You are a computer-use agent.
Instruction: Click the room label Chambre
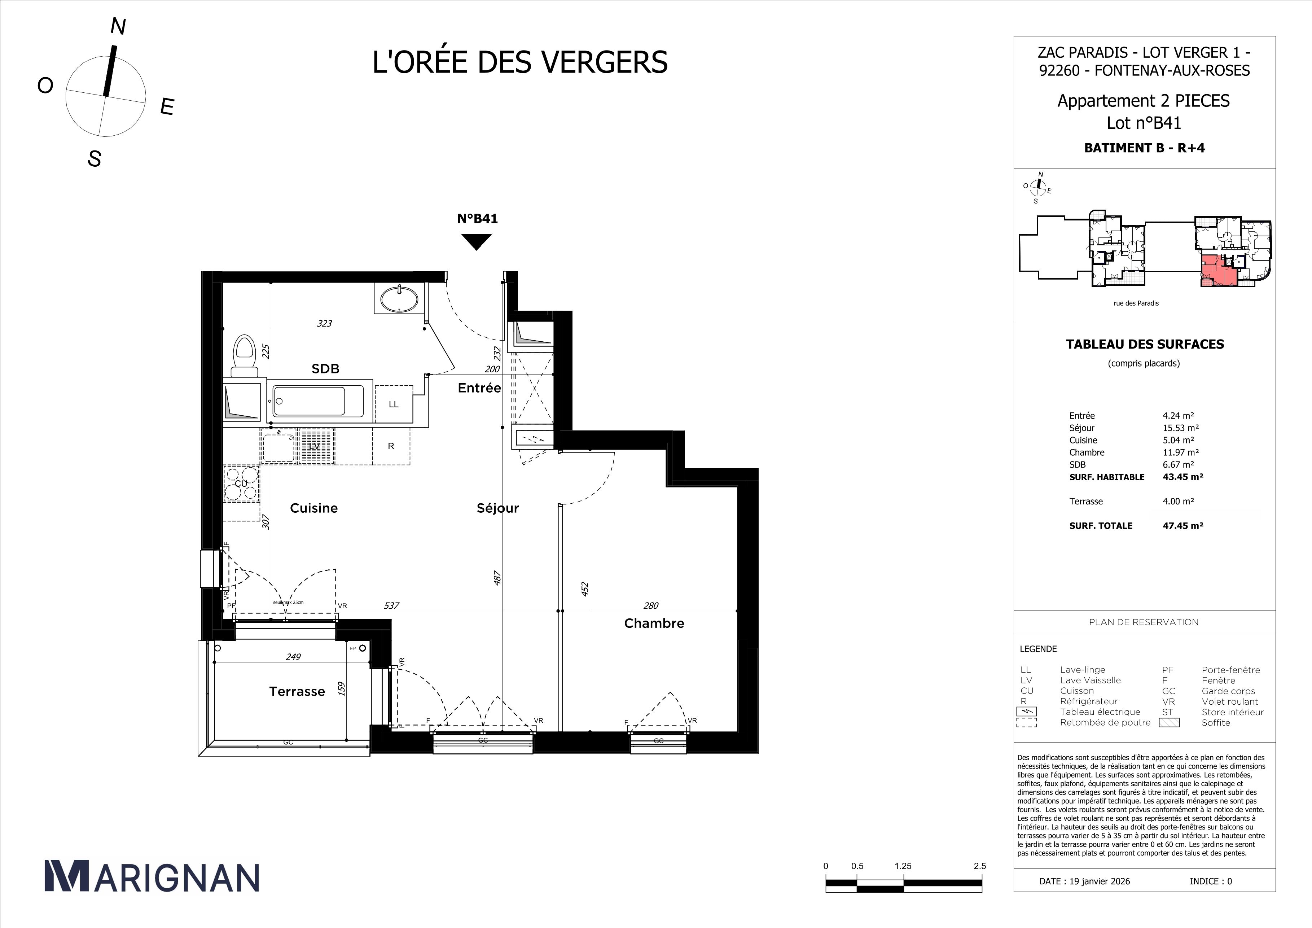coord(654,623)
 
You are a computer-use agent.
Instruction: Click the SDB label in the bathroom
coord(325,369)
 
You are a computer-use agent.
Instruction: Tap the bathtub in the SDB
coord(318,402)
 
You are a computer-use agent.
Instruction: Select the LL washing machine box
coord(393,404)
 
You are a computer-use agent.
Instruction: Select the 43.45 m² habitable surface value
coord(1183,477)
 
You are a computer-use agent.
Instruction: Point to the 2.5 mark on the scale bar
coord(979,866)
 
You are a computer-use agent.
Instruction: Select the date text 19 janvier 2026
coord(1100,881)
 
